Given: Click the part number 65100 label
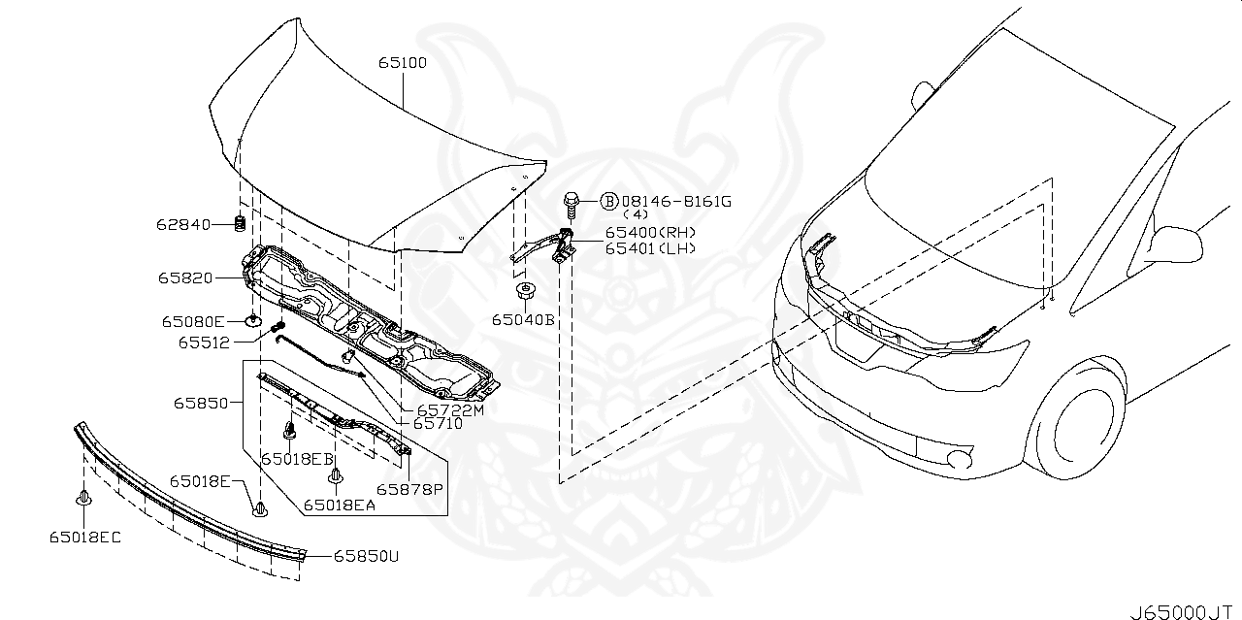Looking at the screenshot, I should [403, 62].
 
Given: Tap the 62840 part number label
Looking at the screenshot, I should [183, 225].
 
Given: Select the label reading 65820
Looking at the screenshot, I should [185, 278].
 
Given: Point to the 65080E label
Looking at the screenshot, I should [193, 321].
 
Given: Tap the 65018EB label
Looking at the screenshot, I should [296, 458].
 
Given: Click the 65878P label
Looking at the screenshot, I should [409, 489].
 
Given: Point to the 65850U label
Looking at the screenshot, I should [366, 557].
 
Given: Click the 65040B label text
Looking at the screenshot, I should [522, 319].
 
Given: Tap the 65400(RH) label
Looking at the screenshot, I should [650, 233].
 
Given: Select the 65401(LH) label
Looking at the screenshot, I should [649, 248].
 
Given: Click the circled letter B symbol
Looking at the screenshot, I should [608, 201].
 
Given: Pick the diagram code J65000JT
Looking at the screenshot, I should [1185, 612].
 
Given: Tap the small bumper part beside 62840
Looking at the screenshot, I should [239, 225].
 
